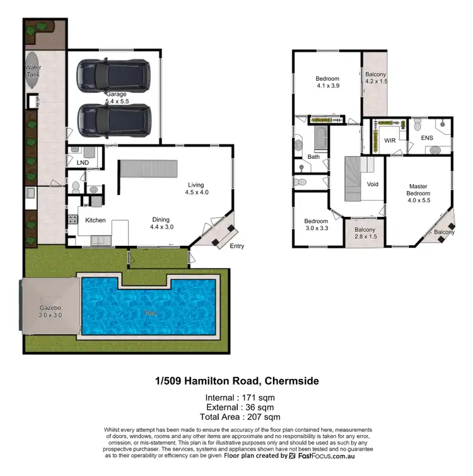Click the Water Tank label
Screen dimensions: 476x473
point(33,71)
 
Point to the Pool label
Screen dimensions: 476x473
point(148,313)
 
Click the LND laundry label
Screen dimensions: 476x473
point(83,163)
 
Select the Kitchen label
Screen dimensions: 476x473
point(95,221)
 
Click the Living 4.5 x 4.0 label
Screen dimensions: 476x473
point(196,189)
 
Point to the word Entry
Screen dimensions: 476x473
point(237,246)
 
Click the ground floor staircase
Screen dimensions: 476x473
point(149,168)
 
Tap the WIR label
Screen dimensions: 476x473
point(390,141)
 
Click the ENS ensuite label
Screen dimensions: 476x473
point(427,137)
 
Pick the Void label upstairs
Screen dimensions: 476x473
point(372,184)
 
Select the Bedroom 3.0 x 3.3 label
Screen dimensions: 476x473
point(315,225)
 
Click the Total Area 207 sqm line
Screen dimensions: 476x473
point(240,417)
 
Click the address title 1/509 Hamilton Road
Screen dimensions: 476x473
point(237,381)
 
